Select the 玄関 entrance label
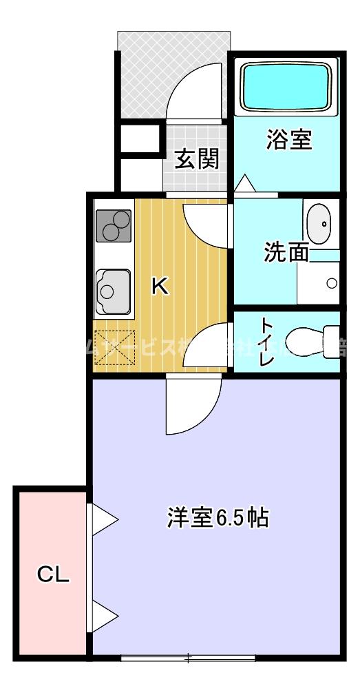point(196,159)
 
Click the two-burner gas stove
point(113,225)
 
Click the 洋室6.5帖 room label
point(217,517)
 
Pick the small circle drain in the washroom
point(332,283)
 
